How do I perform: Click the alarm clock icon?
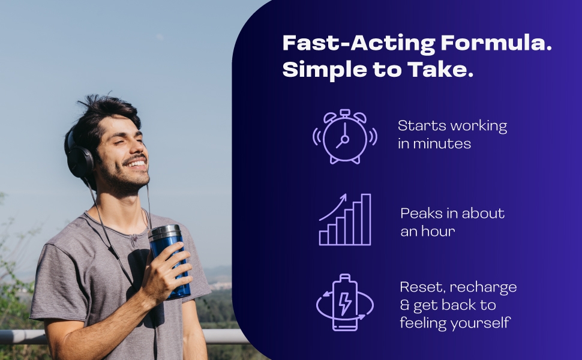click(345, 137)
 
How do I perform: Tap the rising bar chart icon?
click(345, 220)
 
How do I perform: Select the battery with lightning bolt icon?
click(345, 302)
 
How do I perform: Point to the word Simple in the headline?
click(325, 70)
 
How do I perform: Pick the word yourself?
click(481, 323)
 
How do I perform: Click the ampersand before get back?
click(404, 305)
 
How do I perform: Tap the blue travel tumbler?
click(169, 261)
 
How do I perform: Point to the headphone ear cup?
click(79, 161)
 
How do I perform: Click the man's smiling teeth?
click(137, 163)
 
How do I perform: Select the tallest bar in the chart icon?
click(366, 220)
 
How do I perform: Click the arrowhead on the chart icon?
click(343, 197)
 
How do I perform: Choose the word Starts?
click(416, 125)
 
